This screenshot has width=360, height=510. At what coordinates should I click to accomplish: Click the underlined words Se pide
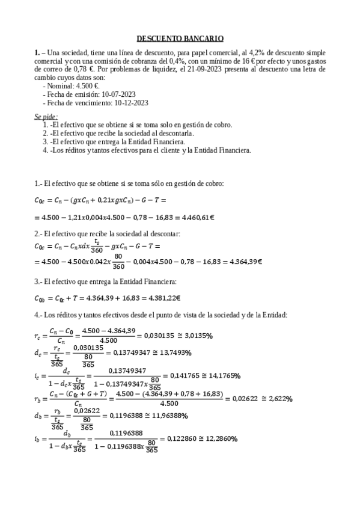(x=47, y=115)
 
